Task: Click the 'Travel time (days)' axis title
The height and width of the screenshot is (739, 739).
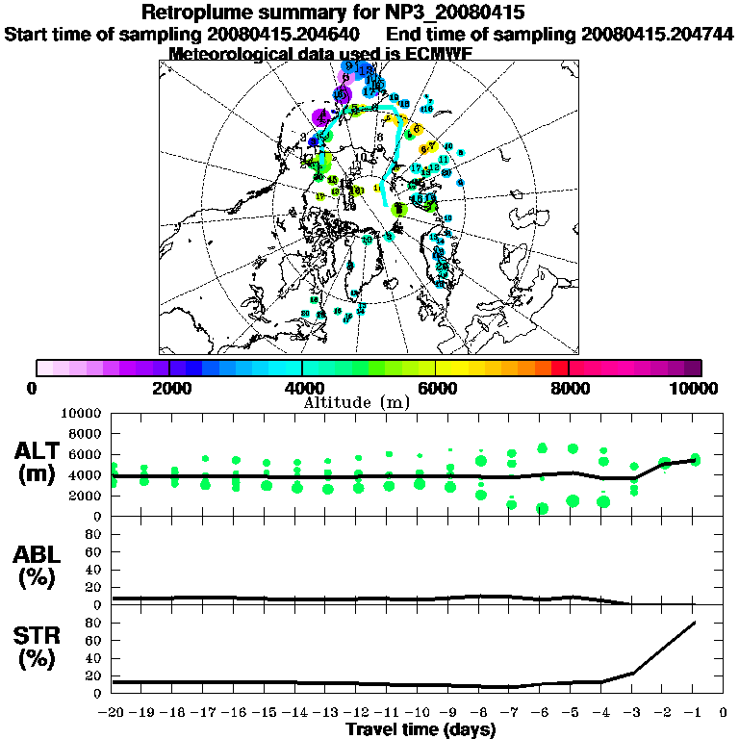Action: point(420,729)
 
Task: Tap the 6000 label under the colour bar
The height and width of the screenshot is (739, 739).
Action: point(436,388)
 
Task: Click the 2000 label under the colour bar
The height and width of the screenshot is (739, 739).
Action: point(169,388)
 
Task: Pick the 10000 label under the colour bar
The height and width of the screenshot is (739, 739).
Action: point(699,388)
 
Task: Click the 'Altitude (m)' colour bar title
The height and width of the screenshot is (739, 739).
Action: point(357,402)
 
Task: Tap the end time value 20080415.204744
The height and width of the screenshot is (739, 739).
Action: point(658,34)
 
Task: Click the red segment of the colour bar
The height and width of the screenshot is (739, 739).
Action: point(559,368)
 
